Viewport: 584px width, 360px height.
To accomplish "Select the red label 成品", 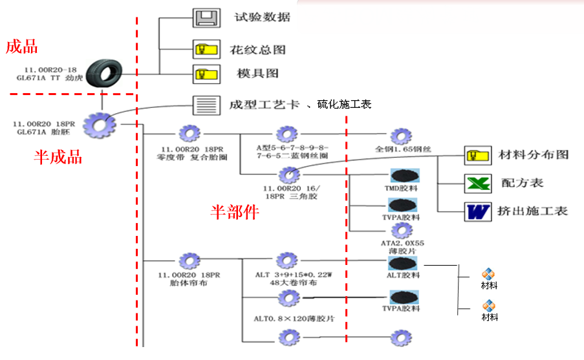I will click(21, 47).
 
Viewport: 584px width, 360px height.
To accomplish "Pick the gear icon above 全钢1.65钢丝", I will click(401, 136).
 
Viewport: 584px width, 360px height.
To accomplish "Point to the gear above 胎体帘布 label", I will click(189, 260).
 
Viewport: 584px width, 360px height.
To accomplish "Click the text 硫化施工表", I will click(344, 104).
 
